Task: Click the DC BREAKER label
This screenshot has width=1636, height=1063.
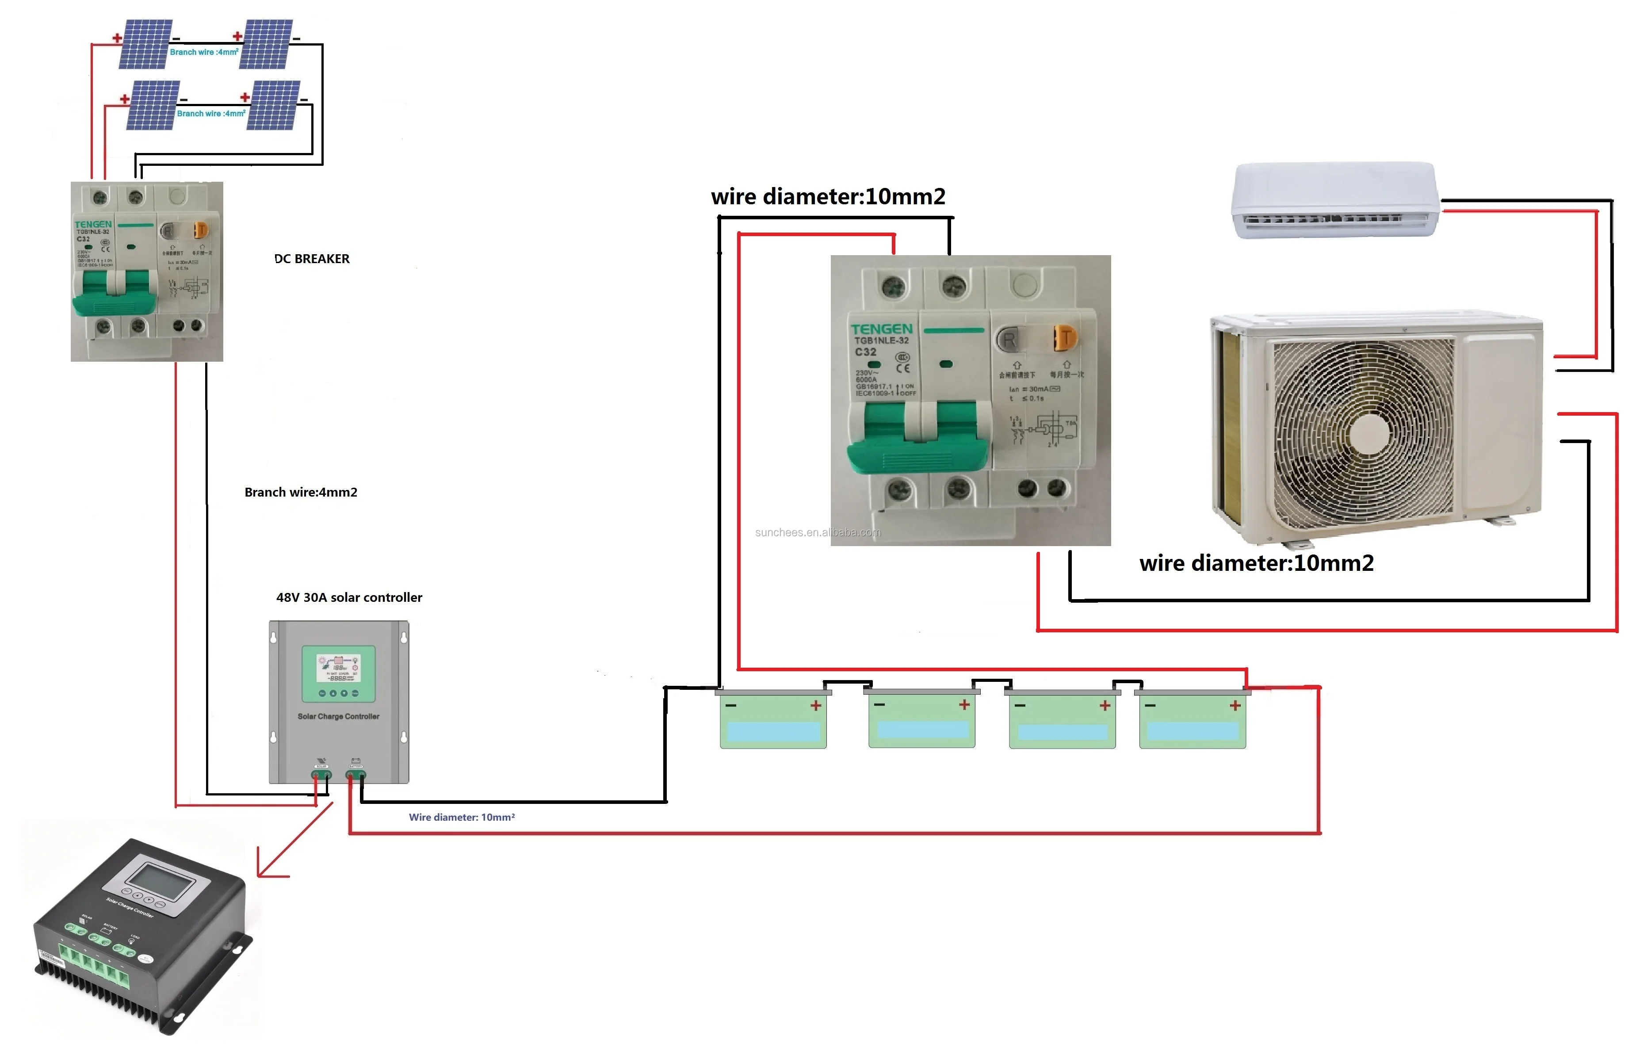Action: (x=312, y=259)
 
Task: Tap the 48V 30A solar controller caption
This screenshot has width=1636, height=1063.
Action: (x=349, y=597)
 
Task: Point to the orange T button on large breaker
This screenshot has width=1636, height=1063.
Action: (x=1065, y=337)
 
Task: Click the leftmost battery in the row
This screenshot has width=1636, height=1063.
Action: (x=773, y=719)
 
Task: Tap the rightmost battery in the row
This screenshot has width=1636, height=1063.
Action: (x=1193, y=719)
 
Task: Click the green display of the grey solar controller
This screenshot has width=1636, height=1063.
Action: (x=339, y=673)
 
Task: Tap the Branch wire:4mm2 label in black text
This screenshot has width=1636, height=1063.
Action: (x=301, y=492)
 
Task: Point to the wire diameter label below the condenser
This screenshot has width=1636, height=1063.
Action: (x=1256, y=563)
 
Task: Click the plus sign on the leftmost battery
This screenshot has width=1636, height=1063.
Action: (x=816, y=705)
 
